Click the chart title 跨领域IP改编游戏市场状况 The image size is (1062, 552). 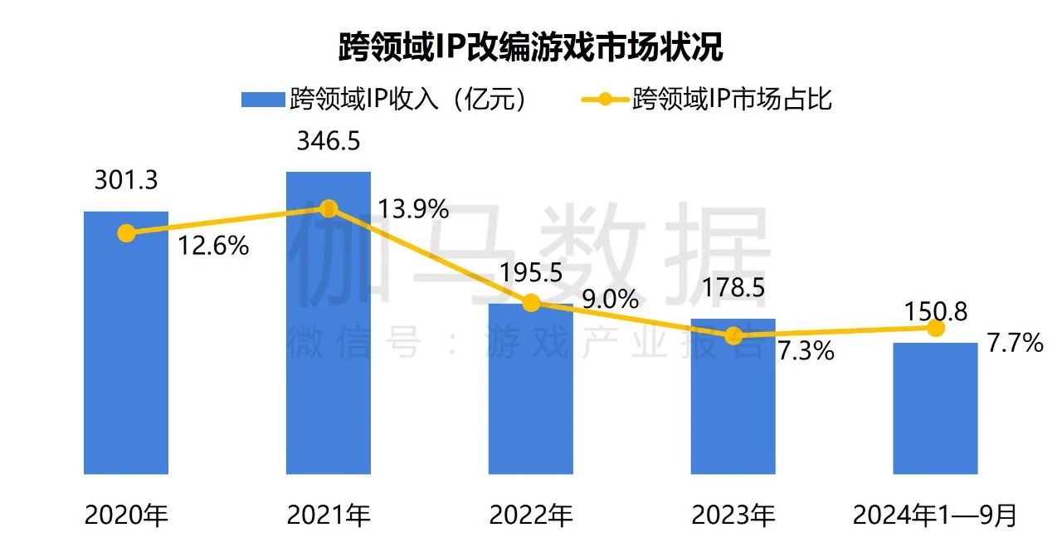(x=531, y=47)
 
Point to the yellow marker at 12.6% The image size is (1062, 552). (x=126, y=233)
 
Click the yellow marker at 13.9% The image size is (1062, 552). (x=329, y=208)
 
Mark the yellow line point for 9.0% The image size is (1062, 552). (x=531, y=303)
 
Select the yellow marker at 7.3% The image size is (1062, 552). (x=733, y=335)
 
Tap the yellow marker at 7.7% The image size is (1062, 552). (x=936, y=329)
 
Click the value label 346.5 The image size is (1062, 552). (x=329, y=141)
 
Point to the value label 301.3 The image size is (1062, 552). (x=126, y=180)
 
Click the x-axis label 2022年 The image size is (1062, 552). (x=531, y=516)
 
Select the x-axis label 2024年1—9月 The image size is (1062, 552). (x=936, y=516)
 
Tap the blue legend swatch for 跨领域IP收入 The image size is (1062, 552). (x=262, y=100)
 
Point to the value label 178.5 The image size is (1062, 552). (x=733, y=287)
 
